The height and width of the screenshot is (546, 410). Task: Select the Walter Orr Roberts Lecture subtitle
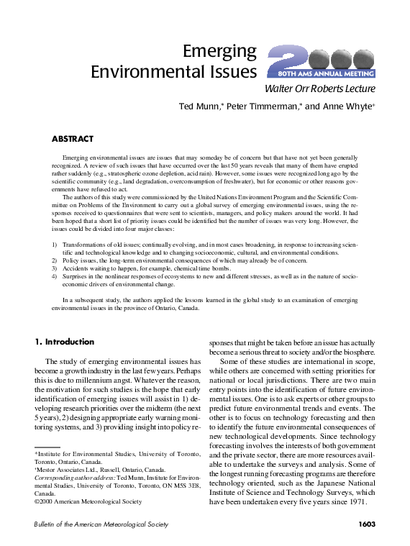point(320,90)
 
